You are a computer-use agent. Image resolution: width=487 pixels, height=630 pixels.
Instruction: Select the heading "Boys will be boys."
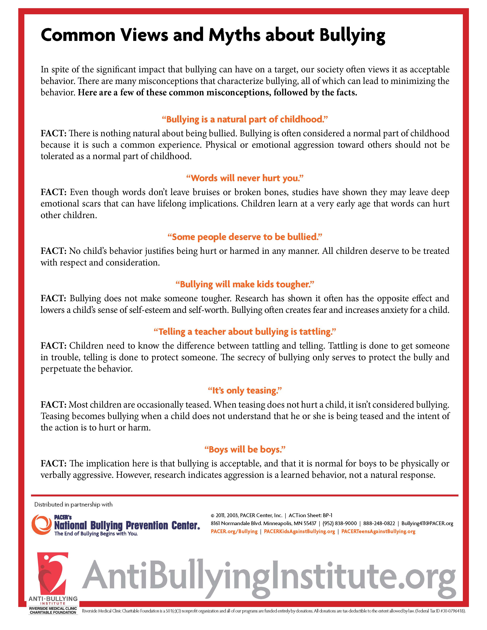click(245, 449)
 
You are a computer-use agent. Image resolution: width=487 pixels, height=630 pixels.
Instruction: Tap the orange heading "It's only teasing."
click(245, 391)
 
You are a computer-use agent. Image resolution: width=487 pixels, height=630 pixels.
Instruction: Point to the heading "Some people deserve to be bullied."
click(245, 237)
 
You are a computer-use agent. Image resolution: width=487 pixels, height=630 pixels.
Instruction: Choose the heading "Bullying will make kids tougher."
click(245, 284)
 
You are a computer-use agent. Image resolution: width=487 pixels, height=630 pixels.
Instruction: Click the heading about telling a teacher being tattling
click(245, 332)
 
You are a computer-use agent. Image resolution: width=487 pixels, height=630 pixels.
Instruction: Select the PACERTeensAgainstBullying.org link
click(378, 531)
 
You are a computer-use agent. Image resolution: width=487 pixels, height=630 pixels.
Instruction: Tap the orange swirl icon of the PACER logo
click(41, 524)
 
